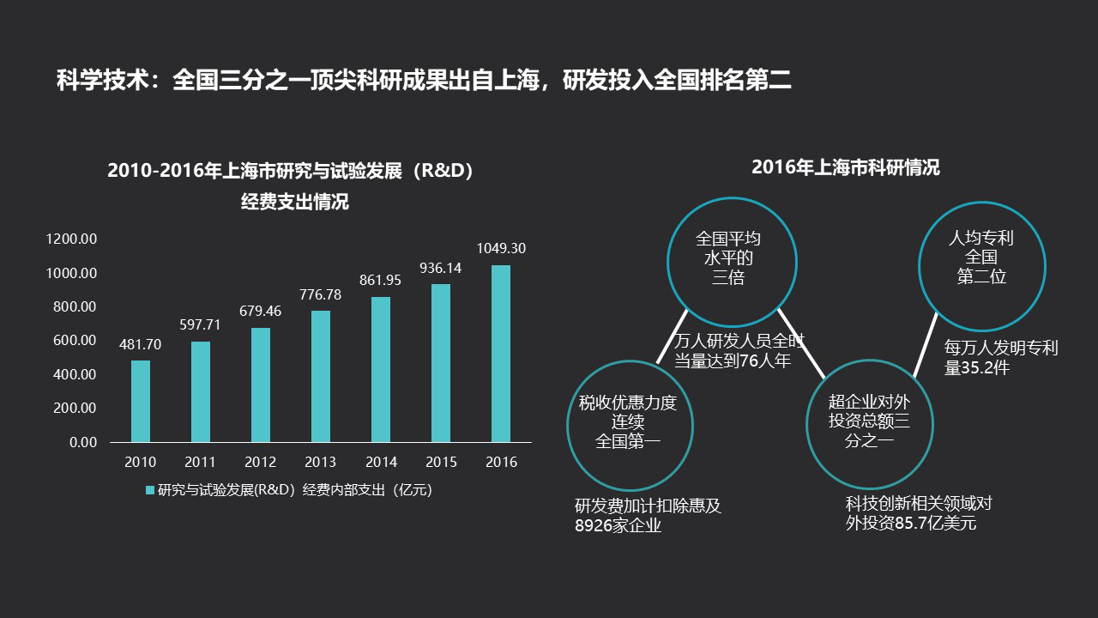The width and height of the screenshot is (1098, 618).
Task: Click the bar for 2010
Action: [141, 401]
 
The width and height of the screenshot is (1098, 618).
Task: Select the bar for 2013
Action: [321, 376]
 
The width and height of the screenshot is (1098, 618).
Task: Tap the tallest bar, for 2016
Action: [501, 354]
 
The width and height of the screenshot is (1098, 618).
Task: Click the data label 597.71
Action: [200, 324]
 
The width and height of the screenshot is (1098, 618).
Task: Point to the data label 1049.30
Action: [501, 249]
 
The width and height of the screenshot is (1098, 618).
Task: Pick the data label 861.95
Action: [380, 280]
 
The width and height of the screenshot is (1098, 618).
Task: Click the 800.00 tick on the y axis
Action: [75, 306]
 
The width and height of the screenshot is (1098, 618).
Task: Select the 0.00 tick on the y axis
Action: [83, 442]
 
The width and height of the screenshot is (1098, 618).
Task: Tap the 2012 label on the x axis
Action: [260, 462]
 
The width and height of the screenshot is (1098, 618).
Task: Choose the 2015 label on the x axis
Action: [441, 462]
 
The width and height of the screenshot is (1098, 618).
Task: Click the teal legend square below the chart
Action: [150, 490]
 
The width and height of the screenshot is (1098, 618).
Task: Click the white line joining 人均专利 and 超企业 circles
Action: [925, 345]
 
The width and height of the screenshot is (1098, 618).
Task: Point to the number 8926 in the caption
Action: [589, 526]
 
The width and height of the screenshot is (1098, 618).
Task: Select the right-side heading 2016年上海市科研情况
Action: [846, 167]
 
